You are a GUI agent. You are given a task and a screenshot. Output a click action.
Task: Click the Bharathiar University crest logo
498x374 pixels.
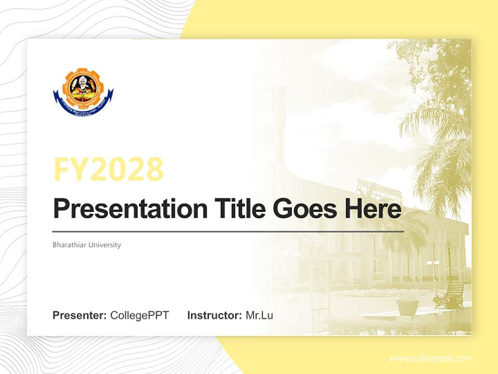[x=83, y=89]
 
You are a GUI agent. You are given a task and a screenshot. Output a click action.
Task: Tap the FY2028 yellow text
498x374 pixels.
[x=108, y=169]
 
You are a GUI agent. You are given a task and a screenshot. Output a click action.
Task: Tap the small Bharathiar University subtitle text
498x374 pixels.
[x=87, y=245]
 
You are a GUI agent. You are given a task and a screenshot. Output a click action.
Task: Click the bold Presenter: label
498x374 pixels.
[x=80, y=315]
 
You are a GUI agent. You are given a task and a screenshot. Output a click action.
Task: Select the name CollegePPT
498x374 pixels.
[x=140, y=315]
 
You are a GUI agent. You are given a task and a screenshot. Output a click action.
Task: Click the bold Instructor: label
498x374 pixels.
[x=214, y=315]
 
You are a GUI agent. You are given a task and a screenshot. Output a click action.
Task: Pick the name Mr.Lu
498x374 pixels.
[x=259, y=315]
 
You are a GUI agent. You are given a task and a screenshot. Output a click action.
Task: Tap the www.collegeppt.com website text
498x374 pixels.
[x=431, y=358]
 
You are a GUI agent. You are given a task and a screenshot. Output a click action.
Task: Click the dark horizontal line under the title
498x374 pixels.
[x=228, y=231]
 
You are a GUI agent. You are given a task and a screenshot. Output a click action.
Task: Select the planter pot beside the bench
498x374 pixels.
[x=407, y=306]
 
